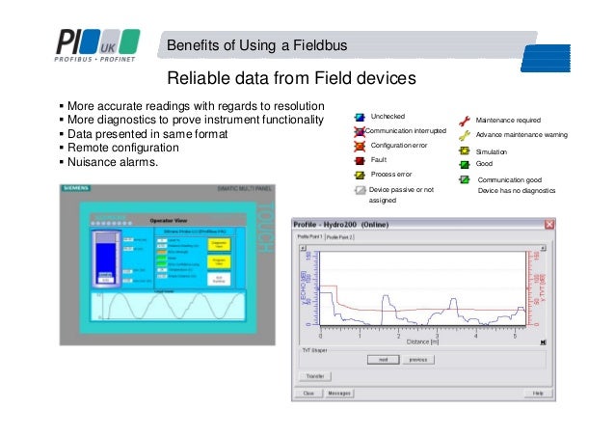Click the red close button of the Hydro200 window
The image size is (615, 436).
(548, 225)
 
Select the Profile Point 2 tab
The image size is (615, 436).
(339, 236)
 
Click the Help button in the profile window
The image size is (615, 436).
(538, 394)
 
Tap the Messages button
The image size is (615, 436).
(338, 394)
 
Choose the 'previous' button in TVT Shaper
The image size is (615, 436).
(416, 359)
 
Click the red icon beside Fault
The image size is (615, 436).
(359, 160)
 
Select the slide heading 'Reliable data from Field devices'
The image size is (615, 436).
(291, 77)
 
